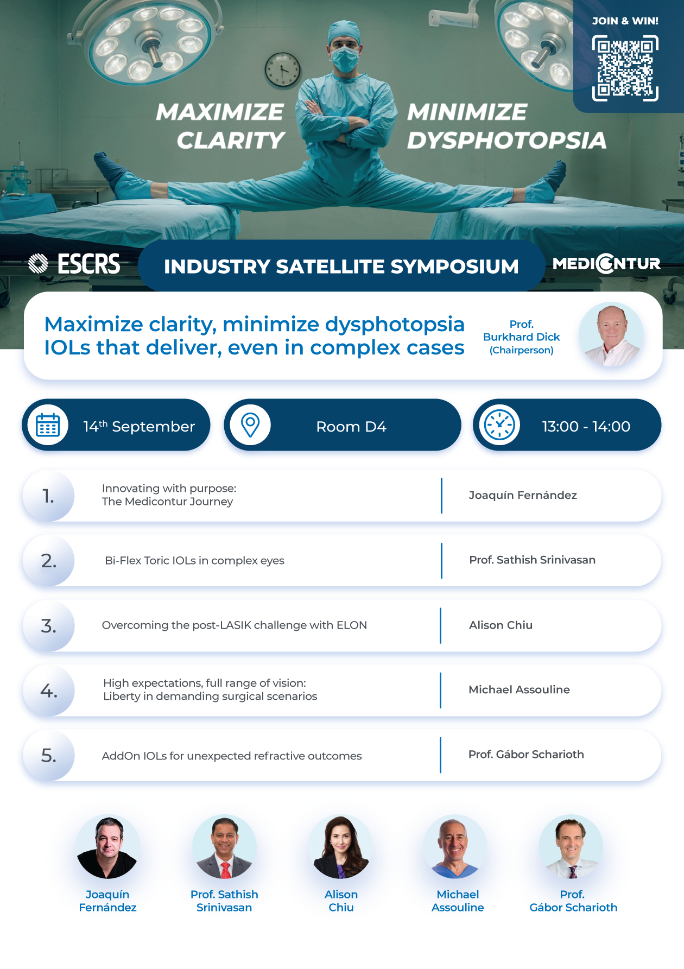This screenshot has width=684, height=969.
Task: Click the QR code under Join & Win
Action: (625, 68)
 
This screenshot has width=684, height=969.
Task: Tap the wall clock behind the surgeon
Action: (282, 70)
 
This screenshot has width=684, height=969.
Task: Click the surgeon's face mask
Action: (345, 59)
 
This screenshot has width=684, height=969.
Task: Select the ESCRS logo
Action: (74, 264)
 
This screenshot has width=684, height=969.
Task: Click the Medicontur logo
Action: (606, 264)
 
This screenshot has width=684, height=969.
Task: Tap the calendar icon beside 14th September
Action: (48, 426)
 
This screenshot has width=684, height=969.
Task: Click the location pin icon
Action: (250, 425)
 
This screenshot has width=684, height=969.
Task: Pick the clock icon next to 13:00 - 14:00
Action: (499, 425)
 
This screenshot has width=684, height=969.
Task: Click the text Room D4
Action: (351, 427)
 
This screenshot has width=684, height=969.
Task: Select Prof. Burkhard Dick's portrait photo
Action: (611, 334)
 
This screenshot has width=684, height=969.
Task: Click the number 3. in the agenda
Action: (48, 626)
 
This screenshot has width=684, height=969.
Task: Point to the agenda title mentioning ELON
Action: (235, 625)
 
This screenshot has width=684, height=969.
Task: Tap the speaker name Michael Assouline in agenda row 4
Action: (519, 689)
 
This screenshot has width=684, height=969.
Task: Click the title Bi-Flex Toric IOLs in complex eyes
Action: (194, 561)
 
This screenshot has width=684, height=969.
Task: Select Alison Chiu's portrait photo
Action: (341, 847)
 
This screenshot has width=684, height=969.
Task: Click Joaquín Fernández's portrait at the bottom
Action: (107, 847)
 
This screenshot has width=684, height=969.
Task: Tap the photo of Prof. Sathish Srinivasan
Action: (224, 847)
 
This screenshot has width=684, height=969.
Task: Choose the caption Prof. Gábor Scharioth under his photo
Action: (573, 901)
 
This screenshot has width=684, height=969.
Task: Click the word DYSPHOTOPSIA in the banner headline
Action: (506, 141)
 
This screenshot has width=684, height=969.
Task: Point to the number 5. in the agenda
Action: (48, 756)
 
